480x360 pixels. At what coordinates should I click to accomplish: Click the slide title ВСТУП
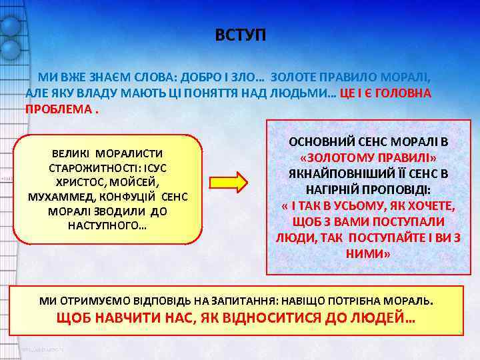240,35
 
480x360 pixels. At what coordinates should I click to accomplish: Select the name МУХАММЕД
58,197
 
